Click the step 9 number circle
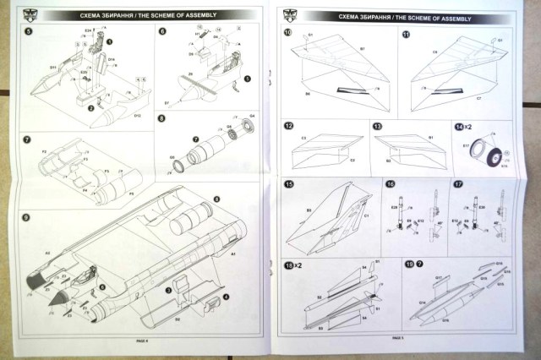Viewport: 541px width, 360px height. [27, 218]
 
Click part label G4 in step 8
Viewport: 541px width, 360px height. [251, 115]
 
